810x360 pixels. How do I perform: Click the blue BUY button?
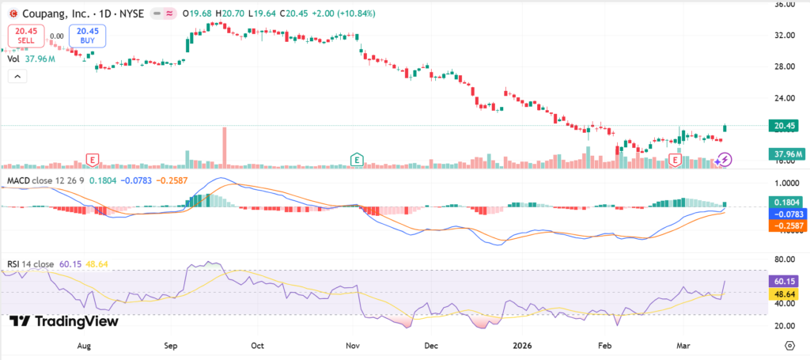pyautogui.click(x=86, y=36)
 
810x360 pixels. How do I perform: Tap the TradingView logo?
pyautogui.click(x=64, y=321)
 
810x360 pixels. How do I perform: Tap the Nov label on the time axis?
pyautogui.click(x=353, y=346)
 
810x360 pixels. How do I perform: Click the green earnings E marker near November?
pyautogui.click(x=358, y=160)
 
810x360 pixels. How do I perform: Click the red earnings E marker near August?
pyautogui.click(x=93, y=160)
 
